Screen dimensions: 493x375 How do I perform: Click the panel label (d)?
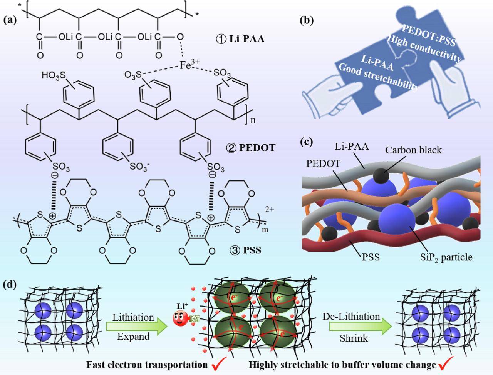(10, 285)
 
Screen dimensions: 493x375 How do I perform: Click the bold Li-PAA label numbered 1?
(240, 39)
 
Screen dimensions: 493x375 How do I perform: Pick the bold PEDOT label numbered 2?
(250, 148)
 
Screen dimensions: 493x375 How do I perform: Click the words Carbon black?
(414, 150)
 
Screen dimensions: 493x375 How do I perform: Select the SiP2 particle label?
(446, 257)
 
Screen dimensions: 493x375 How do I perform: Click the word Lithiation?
(133, 318)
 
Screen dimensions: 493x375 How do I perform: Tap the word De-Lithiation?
(351, 317)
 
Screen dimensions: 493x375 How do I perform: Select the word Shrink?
(354, 338)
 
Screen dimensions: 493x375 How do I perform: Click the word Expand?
(133, 337)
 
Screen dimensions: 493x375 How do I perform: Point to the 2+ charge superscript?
(270, 209)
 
